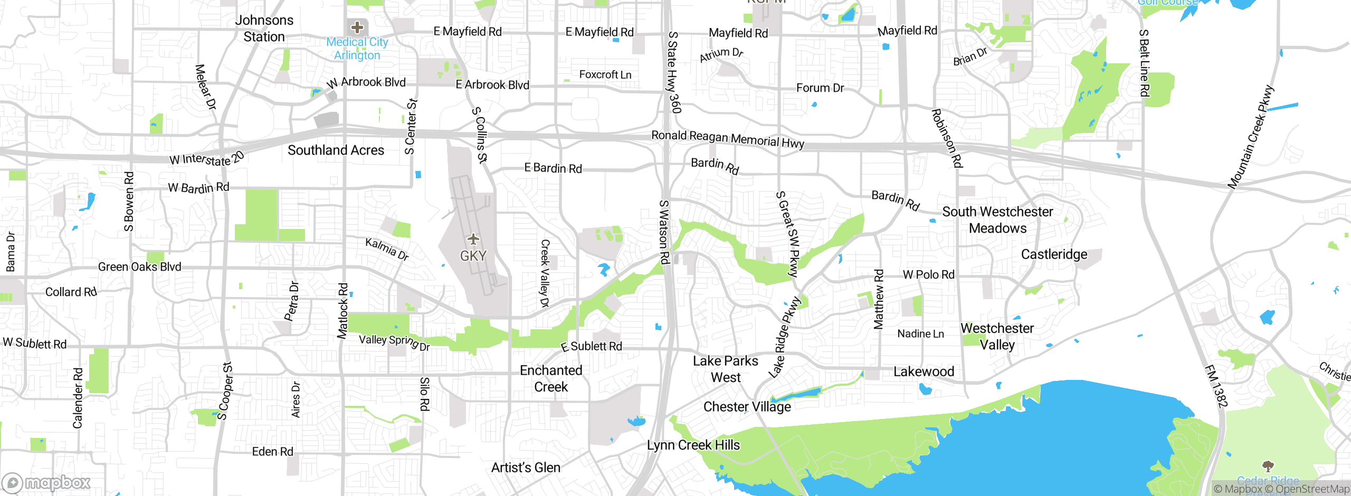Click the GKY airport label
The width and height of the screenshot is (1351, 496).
pos(473,256)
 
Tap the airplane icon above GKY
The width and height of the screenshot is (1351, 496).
pos(473,239)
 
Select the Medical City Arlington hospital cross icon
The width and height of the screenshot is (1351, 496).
pos(357,27)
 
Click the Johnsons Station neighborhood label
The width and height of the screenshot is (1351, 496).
pos(264,28)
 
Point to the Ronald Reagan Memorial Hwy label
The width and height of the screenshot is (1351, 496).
pos(728,139)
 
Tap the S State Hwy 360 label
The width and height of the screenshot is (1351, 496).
pos(674,72)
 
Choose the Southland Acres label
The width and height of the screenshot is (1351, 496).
pos(336,150)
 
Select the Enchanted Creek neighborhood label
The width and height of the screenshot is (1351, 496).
pos(551,378)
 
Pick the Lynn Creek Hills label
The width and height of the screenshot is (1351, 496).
pos(693,445)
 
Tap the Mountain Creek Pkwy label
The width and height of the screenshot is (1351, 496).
pos(1250,137)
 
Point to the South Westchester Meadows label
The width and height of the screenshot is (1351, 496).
pos(997,220)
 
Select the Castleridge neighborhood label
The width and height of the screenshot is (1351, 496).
pos(1054,254)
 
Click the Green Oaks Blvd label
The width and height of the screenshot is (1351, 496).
pos(139,267)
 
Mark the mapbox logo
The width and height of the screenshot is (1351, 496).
pos(46,482)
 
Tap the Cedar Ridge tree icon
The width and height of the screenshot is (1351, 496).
pos(1268,466)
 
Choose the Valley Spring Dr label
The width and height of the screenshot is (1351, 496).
pos(394,342)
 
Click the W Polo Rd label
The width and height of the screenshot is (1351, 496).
pos(928,274)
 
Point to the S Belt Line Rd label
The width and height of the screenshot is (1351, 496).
pos(1144,63)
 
